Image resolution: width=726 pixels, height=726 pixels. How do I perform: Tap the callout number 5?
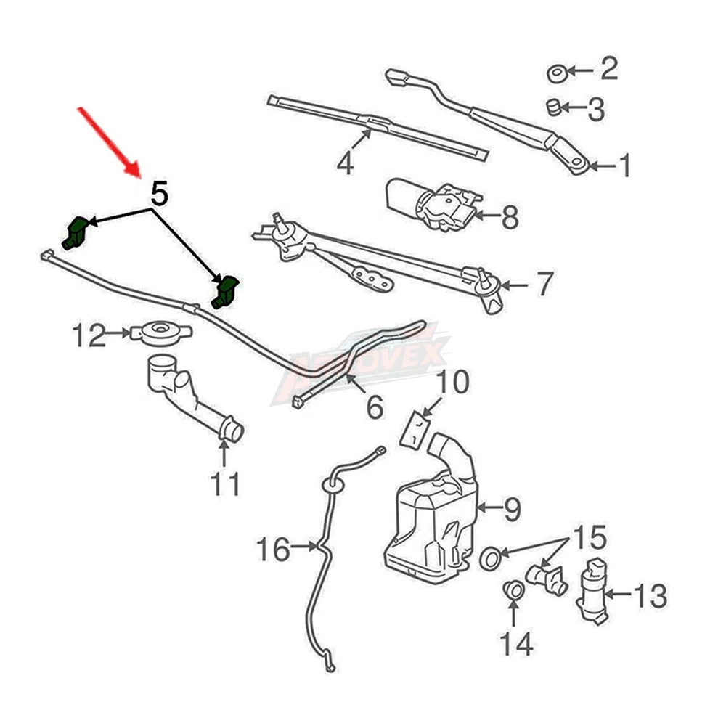click(160, 194)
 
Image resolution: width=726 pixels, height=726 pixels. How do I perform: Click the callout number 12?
click(89, 336)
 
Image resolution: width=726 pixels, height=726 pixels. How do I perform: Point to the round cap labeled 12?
click(160, 333)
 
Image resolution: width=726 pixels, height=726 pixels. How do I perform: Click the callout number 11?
click(224, 483)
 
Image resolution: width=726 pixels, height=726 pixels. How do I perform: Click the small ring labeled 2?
click(557, 73)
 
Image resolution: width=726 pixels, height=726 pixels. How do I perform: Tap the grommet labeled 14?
click(513, 589)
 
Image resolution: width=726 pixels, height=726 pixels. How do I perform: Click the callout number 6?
click(374, 408)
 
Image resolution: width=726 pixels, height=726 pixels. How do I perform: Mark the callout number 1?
click(623, 166)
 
